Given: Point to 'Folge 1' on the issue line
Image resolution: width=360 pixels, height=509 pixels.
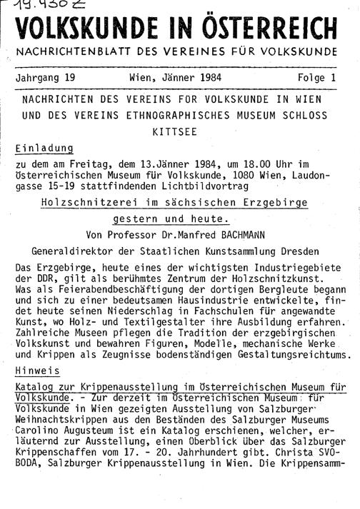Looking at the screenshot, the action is [x=321, y=78].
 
